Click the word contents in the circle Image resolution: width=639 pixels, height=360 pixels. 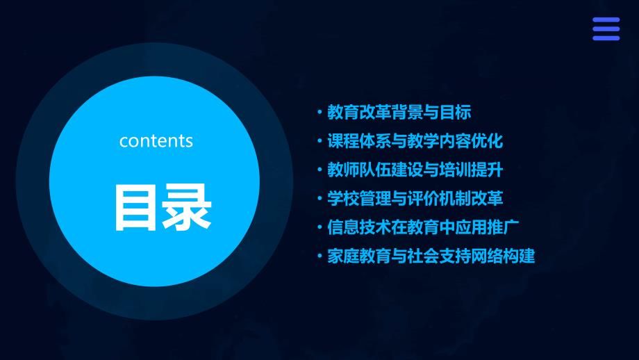click(156, 141)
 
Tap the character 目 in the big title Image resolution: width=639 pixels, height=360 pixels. click(135, 207)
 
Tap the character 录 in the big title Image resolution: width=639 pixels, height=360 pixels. click(187, 207)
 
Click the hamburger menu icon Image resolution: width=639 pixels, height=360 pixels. click(606, 29)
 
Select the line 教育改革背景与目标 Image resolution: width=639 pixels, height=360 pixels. click(399, 112)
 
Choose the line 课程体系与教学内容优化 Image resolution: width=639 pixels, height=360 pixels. click(415, 141)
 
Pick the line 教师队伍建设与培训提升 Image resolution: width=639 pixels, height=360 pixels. click(415, 170)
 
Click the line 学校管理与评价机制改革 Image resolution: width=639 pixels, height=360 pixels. click(415, 199)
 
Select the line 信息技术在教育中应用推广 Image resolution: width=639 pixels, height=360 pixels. click(423, 227)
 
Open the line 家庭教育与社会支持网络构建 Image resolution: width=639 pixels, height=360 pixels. click(431, 256)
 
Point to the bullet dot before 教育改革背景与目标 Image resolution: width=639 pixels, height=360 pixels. click(319, 112)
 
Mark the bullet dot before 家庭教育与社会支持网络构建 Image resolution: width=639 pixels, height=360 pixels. click(319, 256)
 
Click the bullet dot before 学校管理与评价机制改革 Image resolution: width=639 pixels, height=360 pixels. click(319, 199)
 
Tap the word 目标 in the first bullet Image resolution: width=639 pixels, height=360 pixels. click(455, 112)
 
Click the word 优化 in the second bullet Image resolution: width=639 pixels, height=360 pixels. click(487, 141)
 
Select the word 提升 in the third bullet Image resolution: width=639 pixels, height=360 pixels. click(487, 170)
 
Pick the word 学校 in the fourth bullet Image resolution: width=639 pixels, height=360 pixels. click(343, 199)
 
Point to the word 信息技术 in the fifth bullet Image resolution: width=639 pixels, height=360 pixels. click(359, 227)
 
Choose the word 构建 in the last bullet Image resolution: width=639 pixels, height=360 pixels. click(519, 256)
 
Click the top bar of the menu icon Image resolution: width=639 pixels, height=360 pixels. click(606, 19)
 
